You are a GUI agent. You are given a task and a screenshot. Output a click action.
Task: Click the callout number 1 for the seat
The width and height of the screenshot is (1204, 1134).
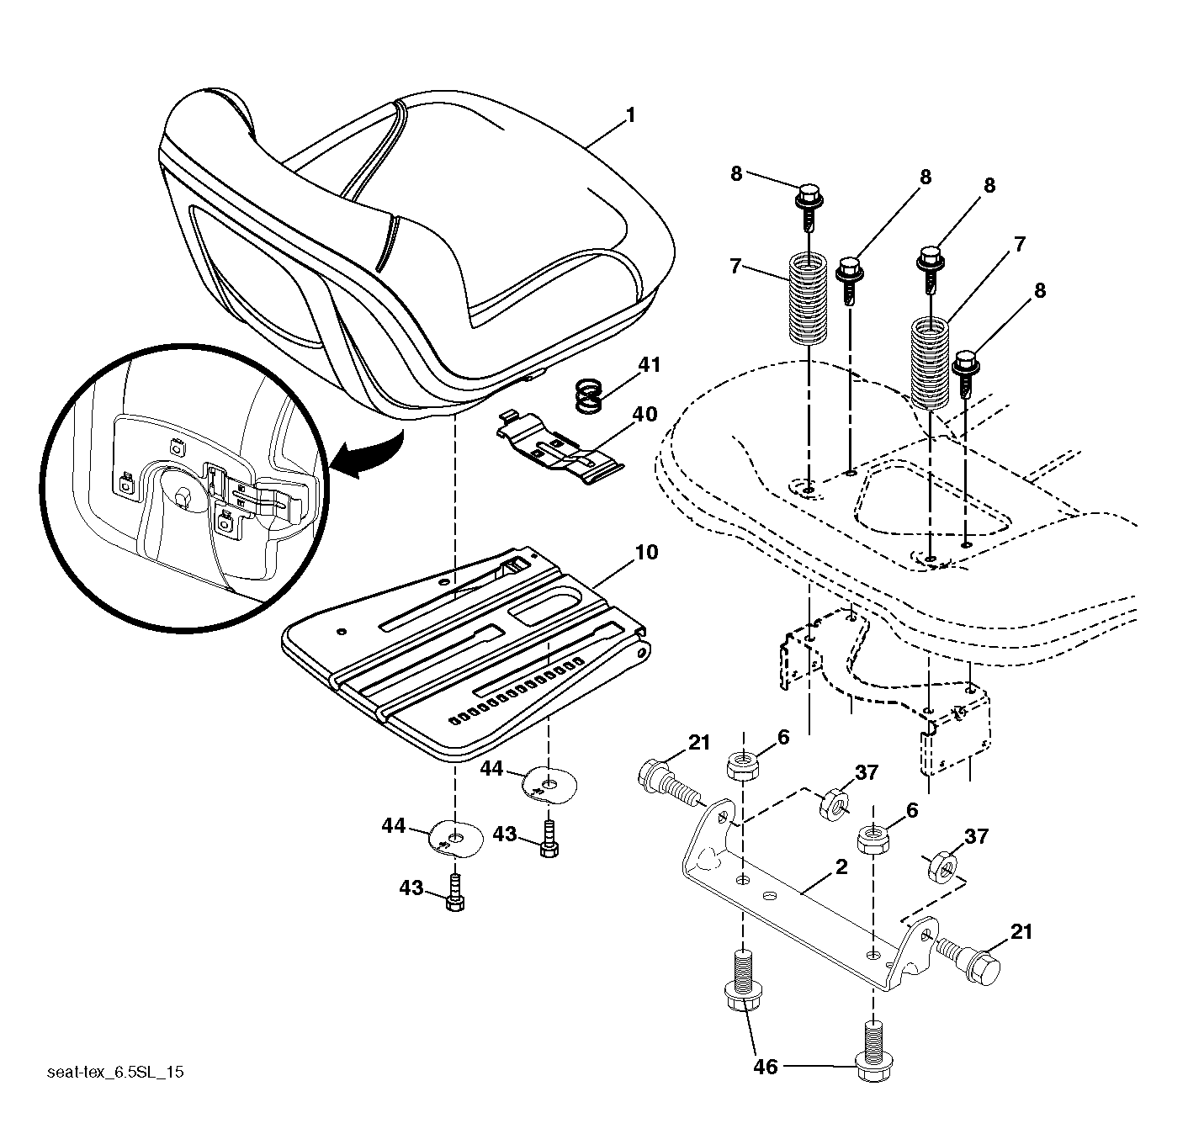click(630, 115)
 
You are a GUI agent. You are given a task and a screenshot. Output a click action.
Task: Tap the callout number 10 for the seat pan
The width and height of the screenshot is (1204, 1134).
click(646, 553)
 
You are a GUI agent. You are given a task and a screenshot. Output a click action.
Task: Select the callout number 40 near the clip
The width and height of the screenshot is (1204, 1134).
click(644, 414)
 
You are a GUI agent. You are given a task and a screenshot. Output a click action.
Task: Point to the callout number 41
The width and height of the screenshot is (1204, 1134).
click(649, 364)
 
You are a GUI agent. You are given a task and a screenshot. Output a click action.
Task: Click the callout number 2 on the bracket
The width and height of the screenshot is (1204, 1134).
click(841, 867)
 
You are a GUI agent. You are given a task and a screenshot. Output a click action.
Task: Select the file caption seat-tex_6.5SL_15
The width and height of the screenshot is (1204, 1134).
click(115, 1072)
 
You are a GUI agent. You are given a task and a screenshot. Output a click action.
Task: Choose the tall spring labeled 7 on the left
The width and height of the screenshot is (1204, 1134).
click(809, 299)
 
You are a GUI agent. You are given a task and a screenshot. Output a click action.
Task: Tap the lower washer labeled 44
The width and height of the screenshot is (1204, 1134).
click(456, 838)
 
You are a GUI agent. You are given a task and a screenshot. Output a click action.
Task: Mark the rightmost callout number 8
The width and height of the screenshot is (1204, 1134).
click(1040, 290)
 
